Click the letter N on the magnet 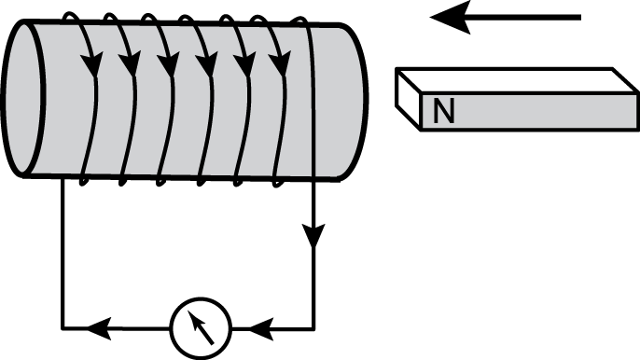tap(444, 113)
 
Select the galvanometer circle tap(201, 327)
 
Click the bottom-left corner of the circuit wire tap(63, 328)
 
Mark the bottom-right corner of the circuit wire tap(314, 328)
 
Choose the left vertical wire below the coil tap(63, 252)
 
